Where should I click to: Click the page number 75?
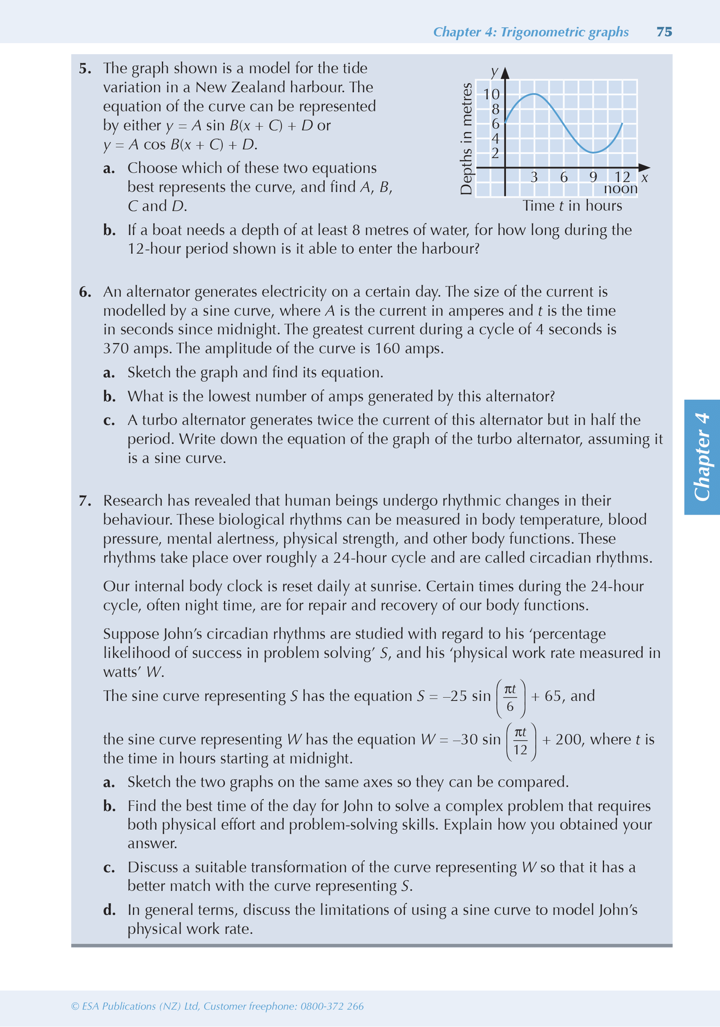[664, 32]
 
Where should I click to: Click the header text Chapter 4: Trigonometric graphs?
[531, 32]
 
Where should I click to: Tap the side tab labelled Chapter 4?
[702, 457]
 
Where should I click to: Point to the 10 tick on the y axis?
[491, 94]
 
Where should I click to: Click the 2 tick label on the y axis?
[495, 153]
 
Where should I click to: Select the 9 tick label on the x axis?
[593, 178]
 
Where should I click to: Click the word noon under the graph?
[620, 188]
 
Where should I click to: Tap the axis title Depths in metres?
[466, 138]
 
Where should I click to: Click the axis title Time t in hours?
[572, 206]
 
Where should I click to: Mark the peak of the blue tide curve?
[534, 94]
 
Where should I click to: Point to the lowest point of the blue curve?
[593, 153]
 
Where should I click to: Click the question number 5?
[85, 69]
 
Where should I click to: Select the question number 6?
[85, 292]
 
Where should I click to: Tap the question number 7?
[85, 501]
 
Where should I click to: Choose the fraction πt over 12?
[521, 741]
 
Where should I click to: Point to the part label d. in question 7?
[109, 910]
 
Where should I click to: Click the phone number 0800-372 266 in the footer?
[332, 1006]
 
